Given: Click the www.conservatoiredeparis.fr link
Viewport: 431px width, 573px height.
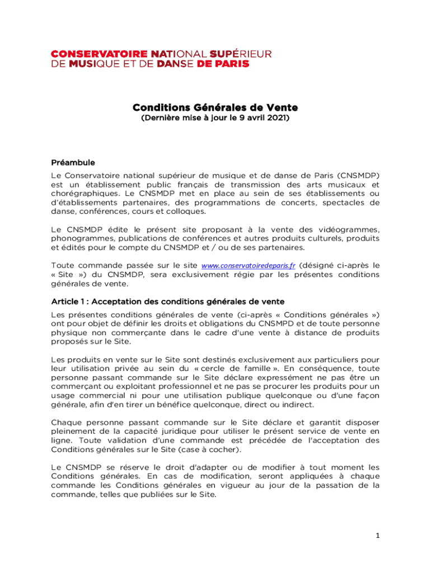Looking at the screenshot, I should (248, 266).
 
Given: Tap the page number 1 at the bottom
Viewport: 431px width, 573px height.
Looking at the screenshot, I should (378, 536).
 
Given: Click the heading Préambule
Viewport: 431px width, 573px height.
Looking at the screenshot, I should (73, 163).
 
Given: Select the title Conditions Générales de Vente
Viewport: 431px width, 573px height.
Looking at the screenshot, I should (215, 107).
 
